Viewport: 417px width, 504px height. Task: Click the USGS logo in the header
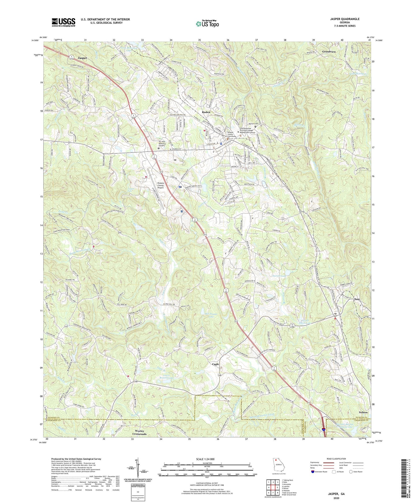tap(63, 22)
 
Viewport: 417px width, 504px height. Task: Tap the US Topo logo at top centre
tap(207, 23)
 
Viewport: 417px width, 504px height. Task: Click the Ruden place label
tap(206, 112)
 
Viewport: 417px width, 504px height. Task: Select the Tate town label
tap(357, 299)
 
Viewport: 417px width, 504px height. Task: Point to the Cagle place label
tap(216, 364)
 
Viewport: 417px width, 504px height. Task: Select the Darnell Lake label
tap(279, 276)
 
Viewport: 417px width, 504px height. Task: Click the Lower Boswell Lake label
tap(164, 376)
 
